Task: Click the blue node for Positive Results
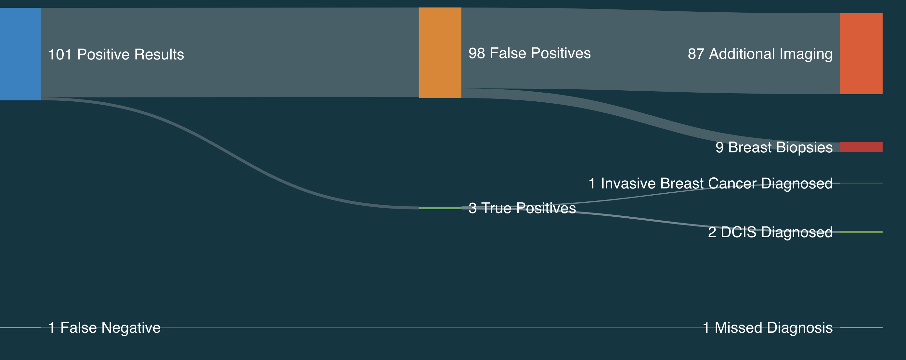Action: [x=20, y=54]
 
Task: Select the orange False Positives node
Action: [x=440, y=53]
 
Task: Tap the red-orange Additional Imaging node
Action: [x=861, y=54]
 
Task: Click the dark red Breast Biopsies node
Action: [x=861, y=147]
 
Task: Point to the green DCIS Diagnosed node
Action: [x=861, y=232]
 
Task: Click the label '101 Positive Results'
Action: [x=116, y=55]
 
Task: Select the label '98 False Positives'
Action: [x=530, y=53]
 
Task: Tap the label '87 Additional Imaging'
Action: [x=760, y=54]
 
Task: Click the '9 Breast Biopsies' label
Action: [x=774, y=147]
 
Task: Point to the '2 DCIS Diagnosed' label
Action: [x=770, y=232]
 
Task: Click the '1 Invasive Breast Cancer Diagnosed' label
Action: [x=710, y=184]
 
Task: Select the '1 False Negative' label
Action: [x=104, y=328]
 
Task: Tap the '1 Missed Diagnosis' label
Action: [x=768, y=328]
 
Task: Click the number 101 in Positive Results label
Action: [x=60, y=55]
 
